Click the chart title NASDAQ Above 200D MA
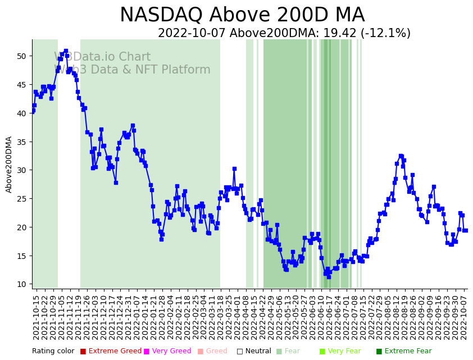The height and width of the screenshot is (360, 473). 242,15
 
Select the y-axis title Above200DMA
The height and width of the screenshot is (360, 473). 9,165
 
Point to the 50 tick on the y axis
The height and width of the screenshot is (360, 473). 21,56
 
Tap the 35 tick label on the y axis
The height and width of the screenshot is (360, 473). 21,142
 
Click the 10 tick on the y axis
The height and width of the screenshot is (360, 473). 21,284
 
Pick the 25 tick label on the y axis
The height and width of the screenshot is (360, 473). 21,199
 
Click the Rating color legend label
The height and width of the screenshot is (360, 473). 53,351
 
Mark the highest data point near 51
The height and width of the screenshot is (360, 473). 66,51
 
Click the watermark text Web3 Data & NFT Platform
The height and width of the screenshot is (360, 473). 132,70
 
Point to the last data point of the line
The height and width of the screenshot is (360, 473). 466,230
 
